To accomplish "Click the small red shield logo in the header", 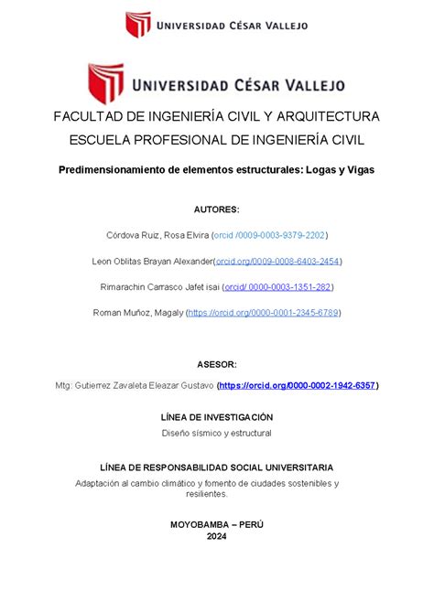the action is tap(138, 24).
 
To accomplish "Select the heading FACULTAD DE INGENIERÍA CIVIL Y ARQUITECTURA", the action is tap(216, 117).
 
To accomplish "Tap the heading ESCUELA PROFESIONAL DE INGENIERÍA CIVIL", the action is tap(216, 140).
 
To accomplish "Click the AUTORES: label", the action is tap(216, 209).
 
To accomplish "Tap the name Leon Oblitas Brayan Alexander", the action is tap(152, 261).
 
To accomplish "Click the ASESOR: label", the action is tap(216, 364).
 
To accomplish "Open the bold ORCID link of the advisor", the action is tap(298, 386).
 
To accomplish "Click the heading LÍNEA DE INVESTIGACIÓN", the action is tap(216, 416).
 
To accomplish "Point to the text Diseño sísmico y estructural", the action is tap(216, 432).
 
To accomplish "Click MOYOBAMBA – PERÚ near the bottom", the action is tap(216, 523).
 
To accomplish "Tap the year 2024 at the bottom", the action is tap(216, 537).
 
